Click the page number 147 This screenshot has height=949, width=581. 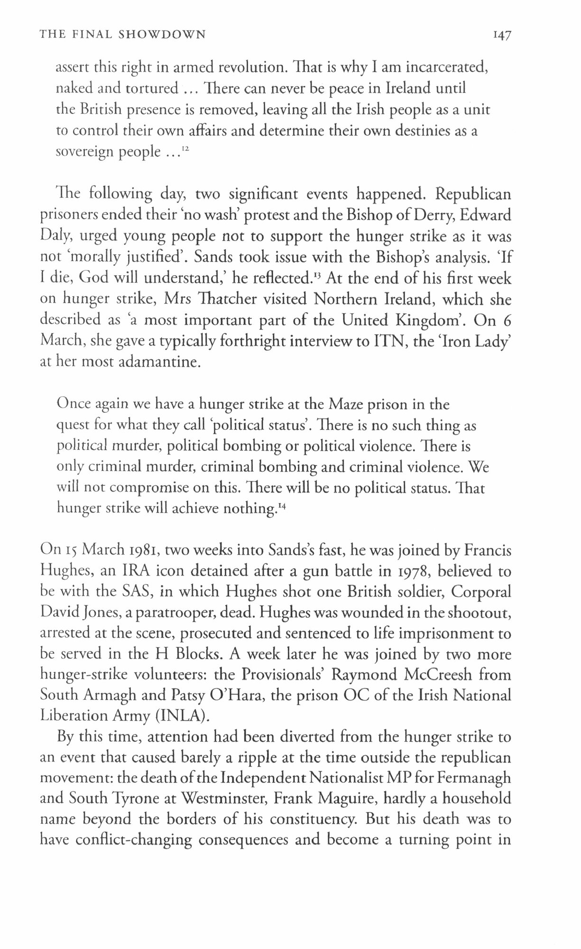pyautogui.click(x=501, y=36)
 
